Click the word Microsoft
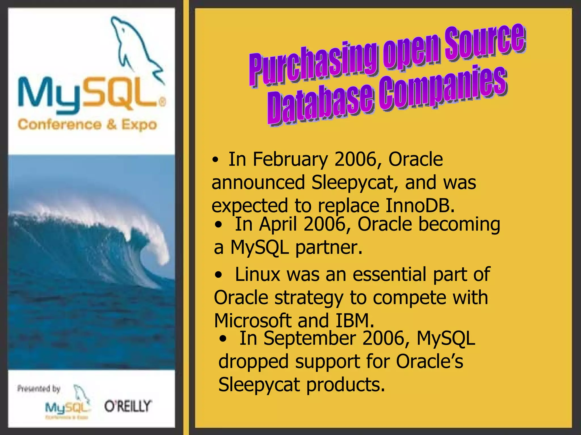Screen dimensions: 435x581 (253, 321)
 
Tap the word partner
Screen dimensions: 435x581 (329, 248)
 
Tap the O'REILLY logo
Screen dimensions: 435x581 (128, 406)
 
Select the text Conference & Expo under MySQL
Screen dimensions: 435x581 (87, 125)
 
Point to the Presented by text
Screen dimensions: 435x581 (39, 389)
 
